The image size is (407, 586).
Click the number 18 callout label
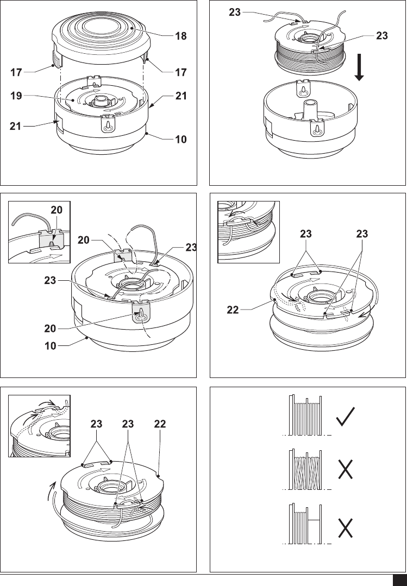(x=181, y=36)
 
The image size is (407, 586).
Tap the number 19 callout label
(x=16, y=96)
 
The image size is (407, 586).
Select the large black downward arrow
(x=359, y=67)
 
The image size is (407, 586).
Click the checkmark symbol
(x=345, y=417)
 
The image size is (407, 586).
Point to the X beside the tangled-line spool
(x=345, y=469)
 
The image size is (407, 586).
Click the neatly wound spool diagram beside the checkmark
(x=305, y=415)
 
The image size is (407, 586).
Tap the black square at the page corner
(x=399, y=581)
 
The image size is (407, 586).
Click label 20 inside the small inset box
(x=57, y=210)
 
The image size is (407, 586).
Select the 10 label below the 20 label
(x=51, y=346)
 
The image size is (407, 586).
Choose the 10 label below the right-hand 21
(x=181, y=140)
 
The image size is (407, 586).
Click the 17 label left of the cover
(x=16, y=72)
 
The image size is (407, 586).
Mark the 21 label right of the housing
(x=181, y=96)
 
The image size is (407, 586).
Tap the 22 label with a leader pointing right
(x=233, y=310)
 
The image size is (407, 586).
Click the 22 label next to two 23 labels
(x=160, y=424)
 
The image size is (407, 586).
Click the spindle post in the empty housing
(x=310, y=109)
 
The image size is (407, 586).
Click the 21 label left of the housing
(x=15, y=127)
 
